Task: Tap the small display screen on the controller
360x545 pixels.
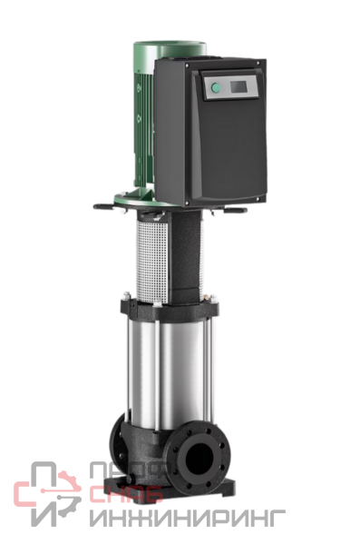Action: pyautogui.click(x=238, y=86)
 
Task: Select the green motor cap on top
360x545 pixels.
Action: pyautogui.click(x=170, y=49)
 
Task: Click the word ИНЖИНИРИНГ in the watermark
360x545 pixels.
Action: pyautogui.click(x=187, y=519)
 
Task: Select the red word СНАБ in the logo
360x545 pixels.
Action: pyautogui.click(x=127, y=493)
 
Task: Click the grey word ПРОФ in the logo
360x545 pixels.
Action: pyautogui.click(x=131, y=471)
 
